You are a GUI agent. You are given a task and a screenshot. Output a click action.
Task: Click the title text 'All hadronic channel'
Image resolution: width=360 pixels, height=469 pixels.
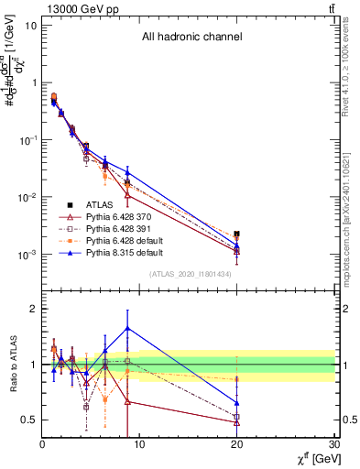(191, 38)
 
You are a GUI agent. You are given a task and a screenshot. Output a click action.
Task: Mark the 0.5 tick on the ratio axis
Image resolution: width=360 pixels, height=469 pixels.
(27, 420)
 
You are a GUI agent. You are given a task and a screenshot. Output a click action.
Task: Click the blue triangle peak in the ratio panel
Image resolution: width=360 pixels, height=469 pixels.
(127, 327)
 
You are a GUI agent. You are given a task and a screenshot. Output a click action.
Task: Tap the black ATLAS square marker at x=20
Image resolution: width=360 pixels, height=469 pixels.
(237, 234)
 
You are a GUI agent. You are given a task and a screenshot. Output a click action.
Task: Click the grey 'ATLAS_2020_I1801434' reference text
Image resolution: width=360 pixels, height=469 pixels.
(191, 275)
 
